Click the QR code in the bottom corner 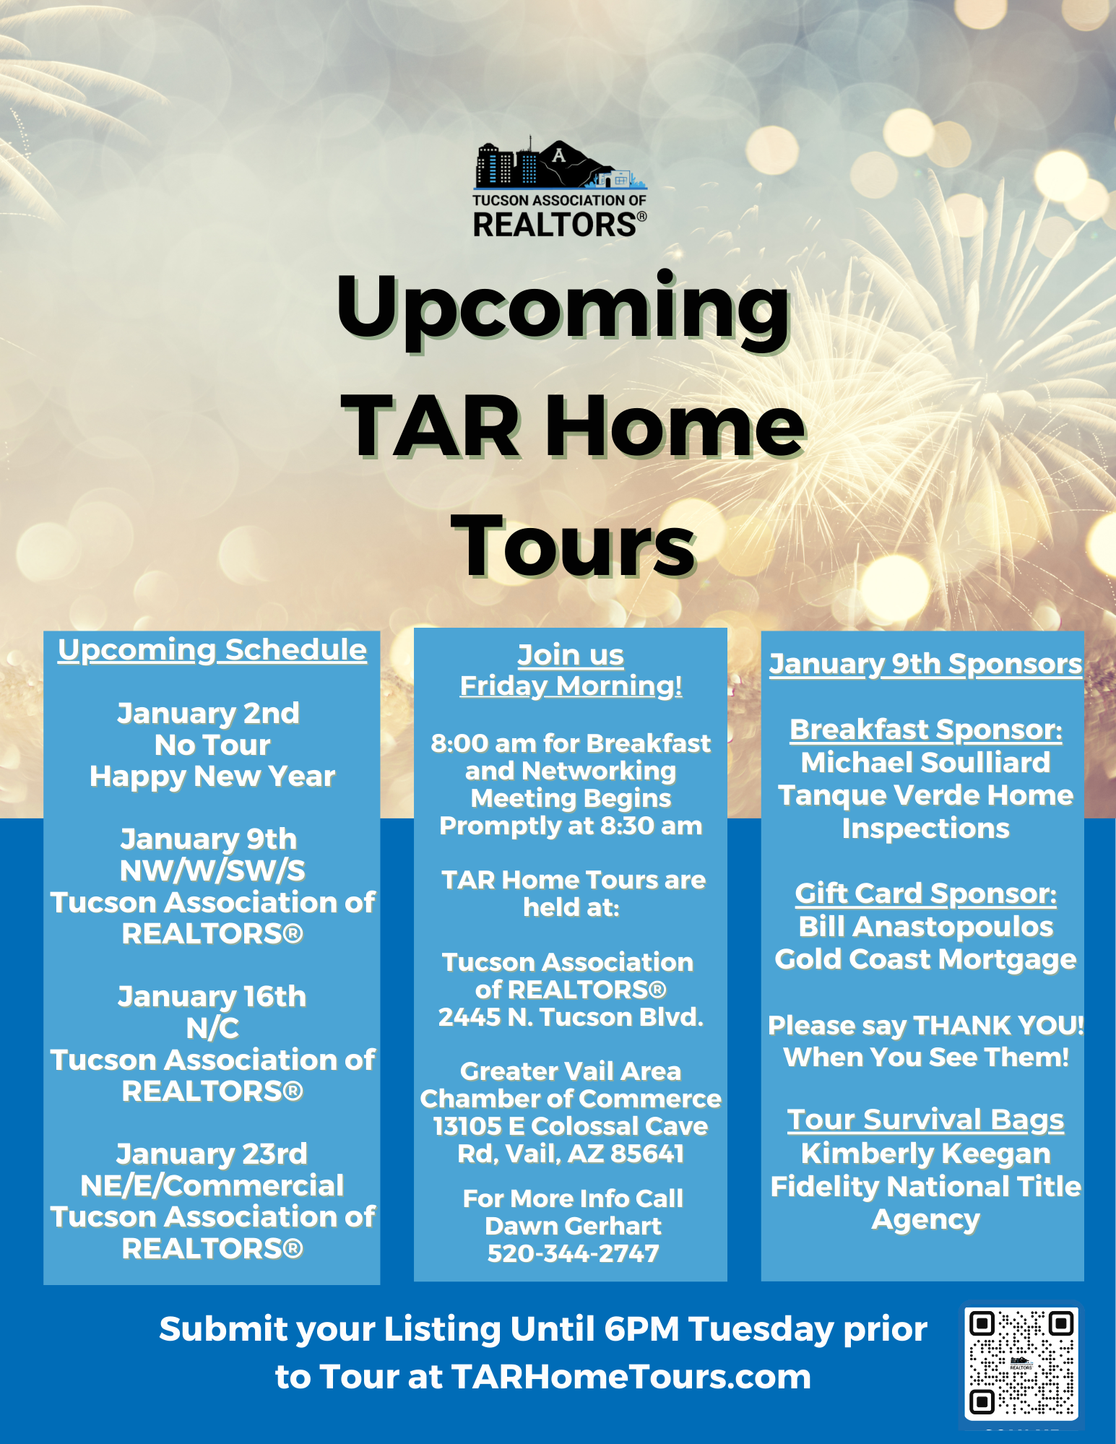point(1021,1364)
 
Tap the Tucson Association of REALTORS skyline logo point(560,189)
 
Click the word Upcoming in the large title point(563,309)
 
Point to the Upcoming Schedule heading point(212,650)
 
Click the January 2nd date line point(209,713)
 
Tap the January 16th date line point(212,996)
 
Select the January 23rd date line point(212,1154)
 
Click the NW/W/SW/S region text point(212,870)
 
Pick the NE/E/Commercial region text point(212,1185)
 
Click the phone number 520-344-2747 point(574,1253)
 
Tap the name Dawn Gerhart point(574,1226)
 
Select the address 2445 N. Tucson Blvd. point(571,1017)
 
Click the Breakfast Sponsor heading point(926,730)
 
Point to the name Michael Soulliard point(926,762)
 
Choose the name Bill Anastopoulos point(926,927)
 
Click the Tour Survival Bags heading point(926,1120)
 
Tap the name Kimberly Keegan point(926,1154)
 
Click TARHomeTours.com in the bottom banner point(631,1377)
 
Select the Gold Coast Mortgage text point(926,959)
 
